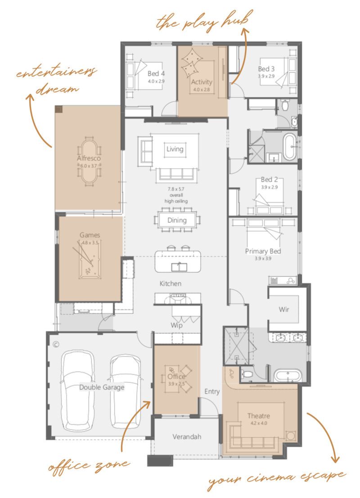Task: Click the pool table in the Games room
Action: tap(90, 260)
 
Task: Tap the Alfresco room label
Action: tap(89, 158)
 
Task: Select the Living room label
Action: tap(175, 149)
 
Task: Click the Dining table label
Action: tap(177, 220)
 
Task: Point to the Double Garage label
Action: tap(102, 387)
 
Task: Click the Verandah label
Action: tap(187, 437)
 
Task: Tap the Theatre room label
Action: tap(259, 416)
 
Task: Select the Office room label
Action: tap(176, 377)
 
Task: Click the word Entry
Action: tap(212, 391)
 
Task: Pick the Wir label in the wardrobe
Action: tap(284, 310)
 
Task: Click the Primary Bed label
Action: tap(263, 251)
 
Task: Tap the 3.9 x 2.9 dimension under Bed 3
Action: tap(266, 76)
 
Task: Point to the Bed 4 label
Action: tap(156, 73)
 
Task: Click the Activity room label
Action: tap(202, 82)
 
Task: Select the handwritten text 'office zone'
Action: tap(89, 466)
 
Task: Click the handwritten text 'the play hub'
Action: tap(204, 21)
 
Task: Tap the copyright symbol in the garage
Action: tap(56, 345)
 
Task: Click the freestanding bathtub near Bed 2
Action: tap(290, 147)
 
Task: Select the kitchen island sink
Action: tap(179, 267)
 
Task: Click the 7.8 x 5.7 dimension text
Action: tap(176, 189)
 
